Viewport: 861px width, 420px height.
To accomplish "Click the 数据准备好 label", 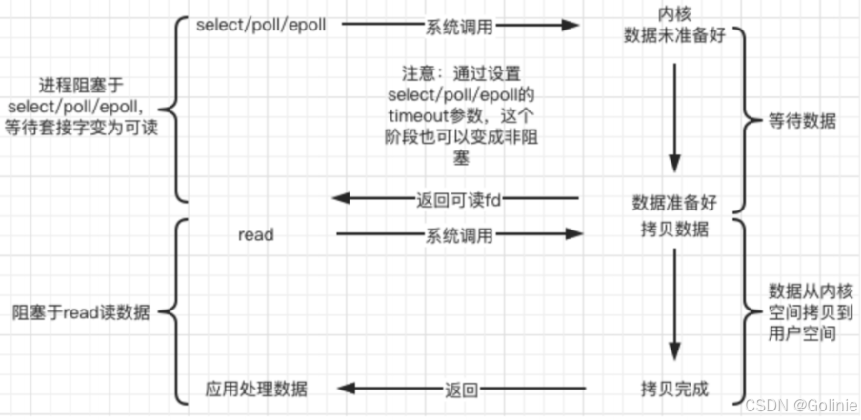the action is [675, 203].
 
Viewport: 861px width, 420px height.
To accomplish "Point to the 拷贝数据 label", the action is [675, 230].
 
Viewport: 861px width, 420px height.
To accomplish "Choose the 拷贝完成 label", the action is [675, 390].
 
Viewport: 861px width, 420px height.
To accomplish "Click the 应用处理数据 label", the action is [256, 390].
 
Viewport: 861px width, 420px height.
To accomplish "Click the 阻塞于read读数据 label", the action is [81, 313].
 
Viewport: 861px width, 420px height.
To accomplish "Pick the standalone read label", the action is [256, 235].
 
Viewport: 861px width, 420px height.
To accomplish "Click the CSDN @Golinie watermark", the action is [801, 407].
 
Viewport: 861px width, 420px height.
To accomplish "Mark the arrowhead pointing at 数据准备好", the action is [675, 163].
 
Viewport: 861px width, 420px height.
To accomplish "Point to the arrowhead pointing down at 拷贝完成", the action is [675, 350].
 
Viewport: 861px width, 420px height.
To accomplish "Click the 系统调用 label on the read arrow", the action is [459, 236].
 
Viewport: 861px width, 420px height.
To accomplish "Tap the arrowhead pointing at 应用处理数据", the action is [348, 390].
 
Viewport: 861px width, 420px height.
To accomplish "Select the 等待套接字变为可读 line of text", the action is [81, 128].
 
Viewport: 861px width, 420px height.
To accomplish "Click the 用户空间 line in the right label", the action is [803, 333].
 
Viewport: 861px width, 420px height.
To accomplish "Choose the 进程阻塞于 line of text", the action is [81, 86].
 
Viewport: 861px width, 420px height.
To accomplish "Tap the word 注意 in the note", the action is [413, 74].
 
